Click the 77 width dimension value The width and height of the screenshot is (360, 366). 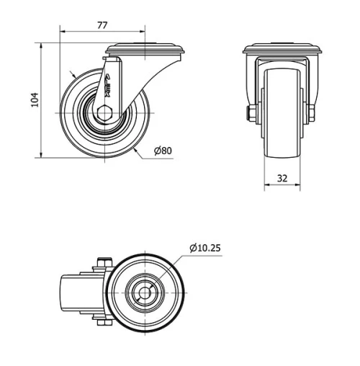tap(102, 25)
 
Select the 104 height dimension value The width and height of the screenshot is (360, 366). tap(34, 100)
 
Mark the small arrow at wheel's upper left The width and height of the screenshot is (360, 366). tap(73, 76)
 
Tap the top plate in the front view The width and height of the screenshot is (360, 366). tap(281, 50)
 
